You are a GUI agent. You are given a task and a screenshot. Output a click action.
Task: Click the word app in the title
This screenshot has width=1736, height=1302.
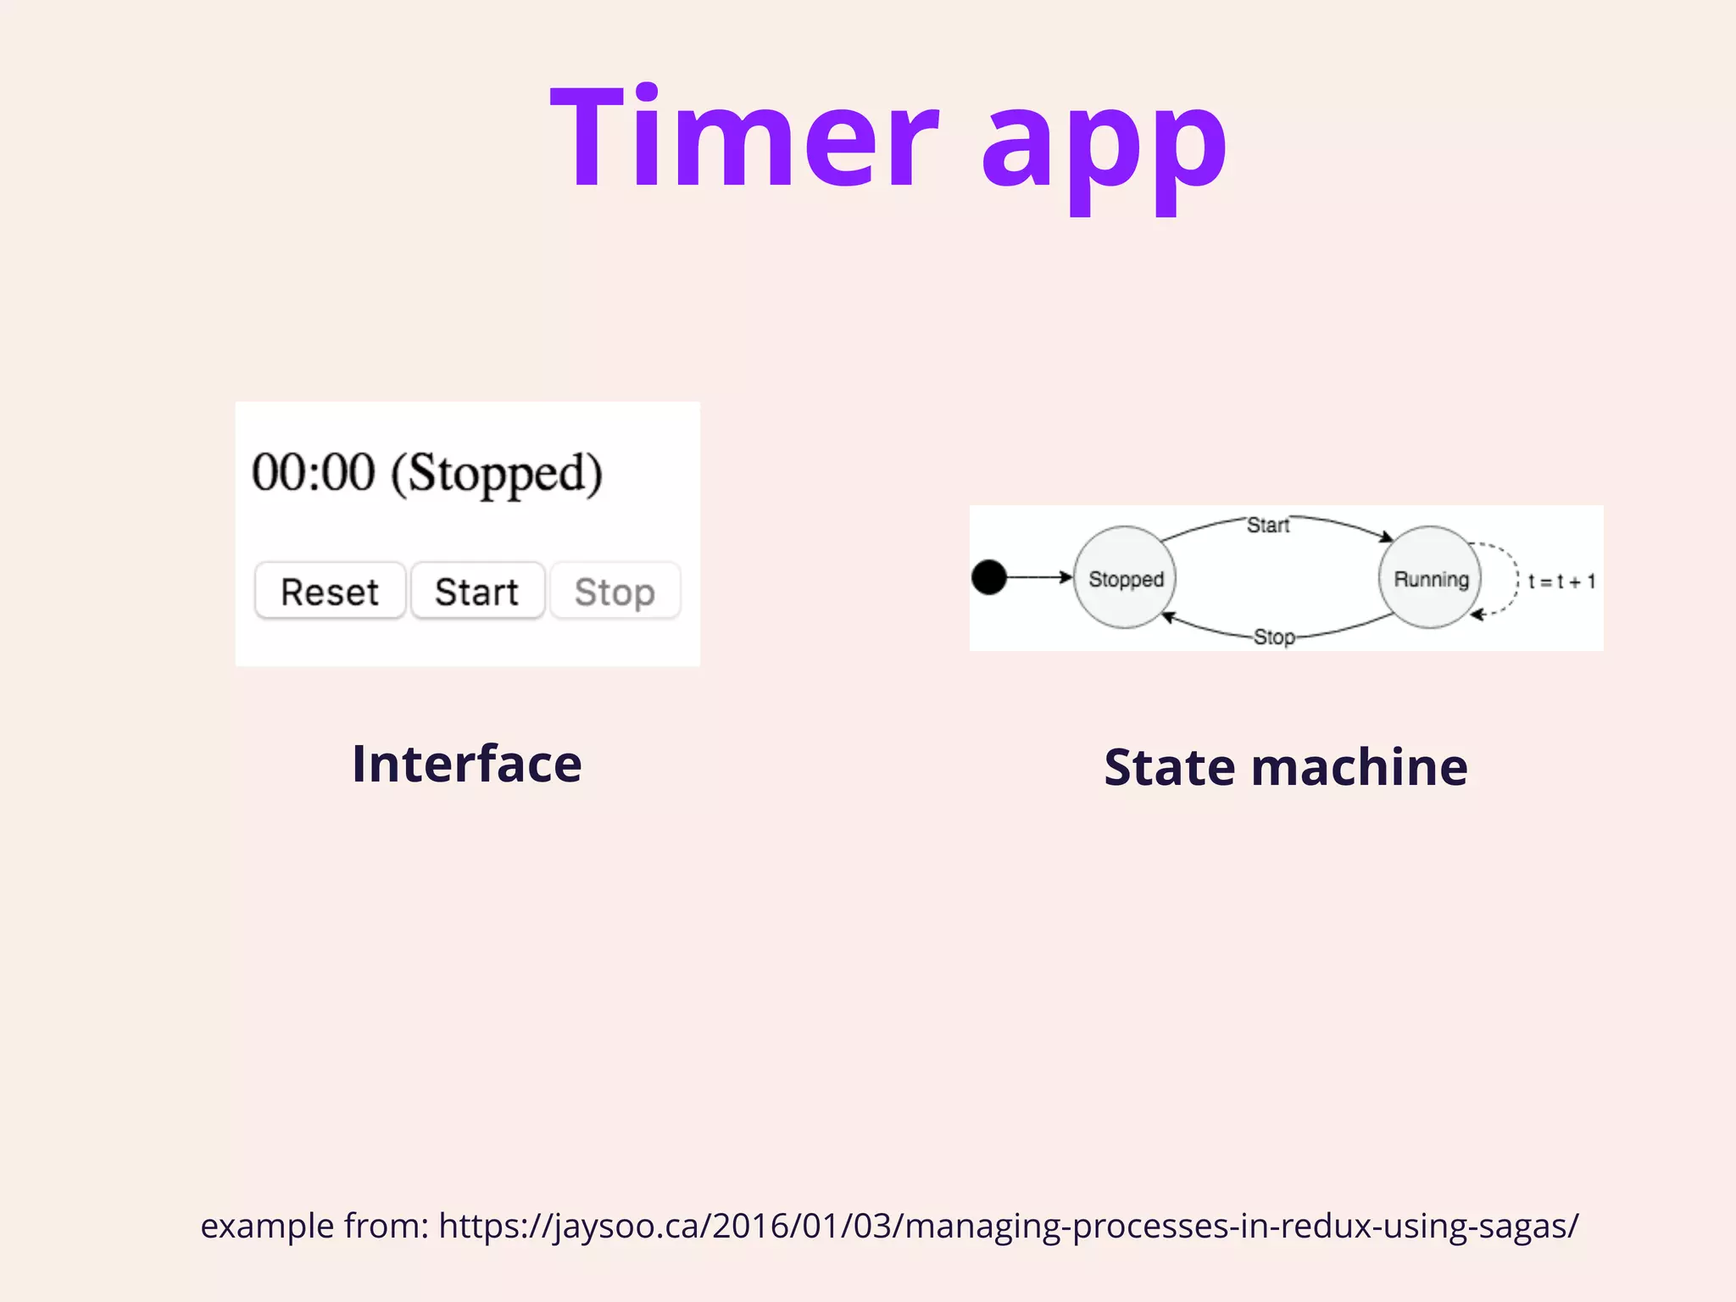[1104, 148]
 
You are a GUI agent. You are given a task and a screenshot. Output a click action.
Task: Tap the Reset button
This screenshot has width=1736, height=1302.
[330, 591]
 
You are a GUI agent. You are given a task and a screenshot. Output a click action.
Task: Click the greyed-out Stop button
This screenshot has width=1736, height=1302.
[615, 591]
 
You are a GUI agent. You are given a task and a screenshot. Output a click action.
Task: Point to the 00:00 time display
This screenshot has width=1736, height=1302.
[313, 472]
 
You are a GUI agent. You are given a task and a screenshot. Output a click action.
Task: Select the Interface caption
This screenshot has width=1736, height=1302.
[467, 764]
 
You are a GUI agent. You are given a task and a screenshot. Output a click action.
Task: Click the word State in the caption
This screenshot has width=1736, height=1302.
[1170, 768]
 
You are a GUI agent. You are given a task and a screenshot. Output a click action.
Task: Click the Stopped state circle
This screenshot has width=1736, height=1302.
[1125, 578]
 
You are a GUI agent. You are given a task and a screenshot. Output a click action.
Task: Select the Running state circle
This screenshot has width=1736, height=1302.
[1430, 578]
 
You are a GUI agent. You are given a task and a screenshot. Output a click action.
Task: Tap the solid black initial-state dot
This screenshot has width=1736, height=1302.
[988, 577]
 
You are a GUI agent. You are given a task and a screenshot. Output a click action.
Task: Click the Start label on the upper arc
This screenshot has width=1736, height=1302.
[1267, 526]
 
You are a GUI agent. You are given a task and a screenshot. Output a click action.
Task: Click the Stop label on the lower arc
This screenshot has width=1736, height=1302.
[1273, 637]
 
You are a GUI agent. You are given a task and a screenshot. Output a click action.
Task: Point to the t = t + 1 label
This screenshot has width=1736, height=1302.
[1561, 581]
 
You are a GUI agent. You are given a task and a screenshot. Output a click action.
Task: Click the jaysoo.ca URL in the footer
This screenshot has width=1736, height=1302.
[1008, 1226]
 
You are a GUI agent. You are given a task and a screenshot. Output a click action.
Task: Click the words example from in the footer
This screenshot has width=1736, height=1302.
[314, 1226]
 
